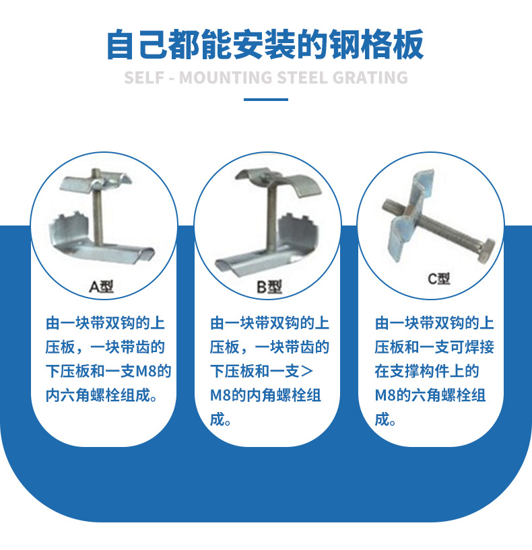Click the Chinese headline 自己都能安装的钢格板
(265, 44)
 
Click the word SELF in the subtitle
(143, 77)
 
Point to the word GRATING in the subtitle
(370, 77)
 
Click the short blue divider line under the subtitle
(265, 100)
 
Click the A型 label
(102, 287)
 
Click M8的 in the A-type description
(154, 371)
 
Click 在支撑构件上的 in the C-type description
(427, 371)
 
